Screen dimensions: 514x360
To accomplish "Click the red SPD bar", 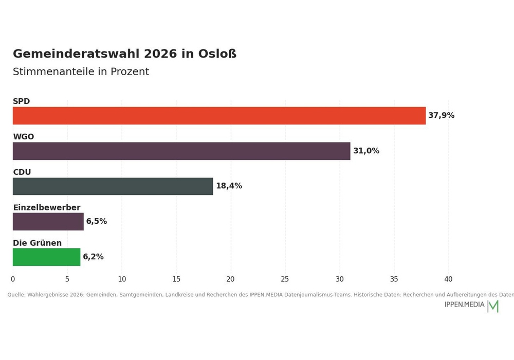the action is coord(219,115).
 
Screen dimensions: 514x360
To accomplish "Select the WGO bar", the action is coord(181,151).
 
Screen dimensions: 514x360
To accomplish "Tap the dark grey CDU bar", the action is coord(113,186).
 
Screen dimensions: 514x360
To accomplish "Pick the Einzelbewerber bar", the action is coord(48,222).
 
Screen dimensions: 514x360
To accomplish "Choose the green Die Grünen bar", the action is coord(47,257).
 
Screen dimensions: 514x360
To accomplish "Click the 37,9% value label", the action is coord(441,115).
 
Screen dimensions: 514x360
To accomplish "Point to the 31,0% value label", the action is coord(366,151).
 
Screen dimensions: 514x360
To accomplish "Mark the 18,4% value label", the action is coord(229,186).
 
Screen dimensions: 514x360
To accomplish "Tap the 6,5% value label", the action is coord(97,221).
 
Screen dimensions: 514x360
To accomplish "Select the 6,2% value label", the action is coord(93,257).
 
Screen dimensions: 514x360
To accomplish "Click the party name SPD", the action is coord(21,101).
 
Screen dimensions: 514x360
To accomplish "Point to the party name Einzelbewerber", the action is coord(47,208).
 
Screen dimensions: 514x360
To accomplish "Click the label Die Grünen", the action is coord(38,243).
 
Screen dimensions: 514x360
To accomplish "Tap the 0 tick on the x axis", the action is coord(13,279).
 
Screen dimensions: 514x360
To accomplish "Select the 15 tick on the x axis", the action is coord(176,279).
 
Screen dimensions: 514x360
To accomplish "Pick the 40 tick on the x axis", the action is coord(448,279).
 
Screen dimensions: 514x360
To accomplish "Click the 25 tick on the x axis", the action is coord(285,279).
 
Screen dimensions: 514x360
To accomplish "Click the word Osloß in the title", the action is coord(217,54).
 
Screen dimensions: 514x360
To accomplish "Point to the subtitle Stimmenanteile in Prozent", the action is coord(81,71).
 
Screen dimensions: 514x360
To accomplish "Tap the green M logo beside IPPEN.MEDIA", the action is coord(493,306).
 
